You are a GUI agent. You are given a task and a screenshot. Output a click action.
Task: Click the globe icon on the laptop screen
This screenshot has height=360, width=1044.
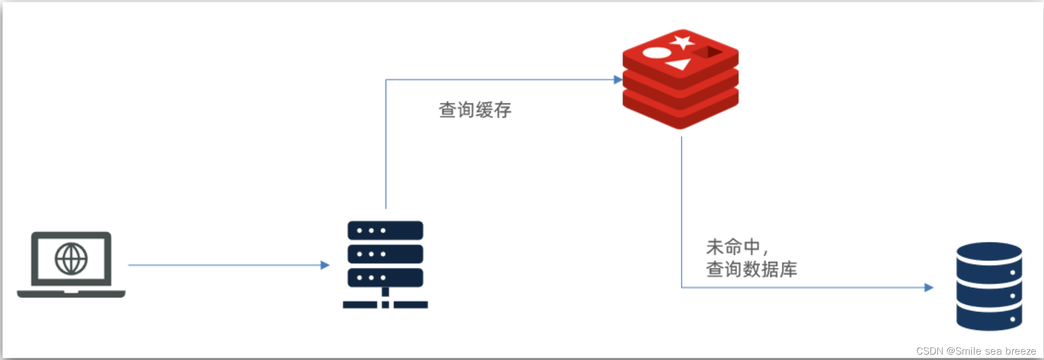point(71,259)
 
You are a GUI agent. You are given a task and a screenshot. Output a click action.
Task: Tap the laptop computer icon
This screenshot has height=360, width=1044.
point(71,265)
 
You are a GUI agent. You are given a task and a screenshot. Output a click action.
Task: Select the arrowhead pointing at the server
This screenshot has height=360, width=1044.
point(325,265)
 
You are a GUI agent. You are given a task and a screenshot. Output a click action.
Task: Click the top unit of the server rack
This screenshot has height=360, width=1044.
point(385,231)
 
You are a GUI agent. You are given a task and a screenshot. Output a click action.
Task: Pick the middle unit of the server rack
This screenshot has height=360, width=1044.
point(385,254)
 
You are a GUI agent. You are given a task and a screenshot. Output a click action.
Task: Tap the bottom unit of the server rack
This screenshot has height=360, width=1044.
point(385,278)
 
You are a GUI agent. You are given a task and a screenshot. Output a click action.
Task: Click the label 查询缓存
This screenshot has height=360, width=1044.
point(475,110)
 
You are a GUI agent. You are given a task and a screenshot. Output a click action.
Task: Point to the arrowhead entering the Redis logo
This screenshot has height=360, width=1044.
point(618,80)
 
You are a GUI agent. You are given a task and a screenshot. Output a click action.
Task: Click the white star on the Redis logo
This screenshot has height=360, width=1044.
point(682,42)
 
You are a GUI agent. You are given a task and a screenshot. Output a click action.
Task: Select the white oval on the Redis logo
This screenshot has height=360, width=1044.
point(657,53)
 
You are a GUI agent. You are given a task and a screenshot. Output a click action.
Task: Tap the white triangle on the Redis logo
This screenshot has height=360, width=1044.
point(679,65)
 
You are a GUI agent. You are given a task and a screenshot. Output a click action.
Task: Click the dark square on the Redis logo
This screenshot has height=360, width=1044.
point(708,52)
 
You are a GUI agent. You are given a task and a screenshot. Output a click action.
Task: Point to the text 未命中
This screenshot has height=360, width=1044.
point(733,247)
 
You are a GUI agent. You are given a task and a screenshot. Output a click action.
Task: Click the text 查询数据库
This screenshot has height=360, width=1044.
point(751,269)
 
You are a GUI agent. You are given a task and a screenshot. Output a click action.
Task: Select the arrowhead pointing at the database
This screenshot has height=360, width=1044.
point(929,288)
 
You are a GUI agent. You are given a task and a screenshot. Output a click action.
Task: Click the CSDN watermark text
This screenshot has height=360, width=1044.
point(976,351)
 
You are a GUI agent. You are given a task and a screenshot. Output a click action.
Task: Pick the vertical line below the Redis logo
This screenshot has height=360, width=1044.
point(681,210)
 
